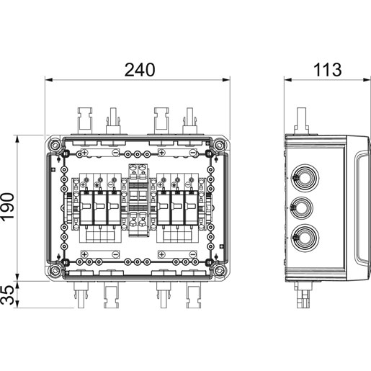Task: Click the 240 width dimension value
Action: click(140, 70)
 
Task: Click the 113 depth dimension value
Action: click(327, 70)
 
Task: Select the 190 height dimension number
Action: click(7, 206)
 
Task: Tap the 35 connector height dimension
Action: click(7, 295)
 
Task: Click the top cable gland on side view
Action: click(305, 178)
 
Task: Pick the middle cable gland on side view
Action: click(301, 208)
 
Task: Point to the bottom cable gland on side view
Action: click(305, 238)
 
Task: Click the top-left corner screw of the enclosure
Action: click(55, 145)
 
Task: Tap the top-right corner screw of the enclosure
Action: click(219, 145)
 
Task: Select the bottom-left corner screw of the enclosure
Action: click(55, 270)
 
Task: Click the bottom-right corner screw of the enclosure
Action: click(219, 270)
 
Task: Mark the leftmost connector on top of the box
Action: click(85, 121)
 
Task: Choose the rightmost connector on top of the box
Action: click(189, 121)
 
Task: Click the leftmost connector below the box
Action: click(81, 295)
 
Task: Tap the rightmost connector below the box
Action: click(194, 295)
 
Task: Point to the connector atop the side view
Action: click(302, 121)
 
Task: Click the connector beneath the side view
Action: click(304, 295)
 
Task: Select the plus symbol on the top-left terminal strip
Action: click(84, 153)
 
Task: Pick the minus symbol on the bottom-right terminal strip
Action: click(193, 254)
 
